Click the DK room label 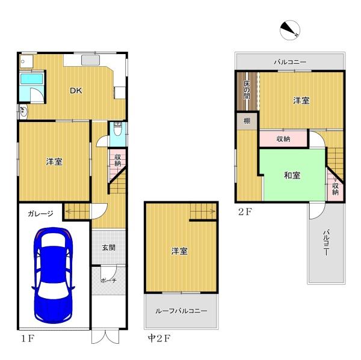(76, 91)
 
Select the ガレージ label (40, 214)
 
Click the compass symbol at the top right (290, 30)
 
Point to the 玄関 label (109, 248)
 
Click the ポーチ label (109, 281)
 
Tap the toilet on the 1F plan (118, 129)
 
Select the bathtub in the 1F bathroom (32, 79)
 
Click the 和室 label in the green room (292, 175)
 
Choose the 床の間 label (247, 90)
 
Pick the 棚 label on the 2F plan (247, 121)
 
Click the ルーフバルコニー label (181, 311)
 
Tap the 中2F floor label (159, 338)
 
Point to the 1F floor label (28, 338)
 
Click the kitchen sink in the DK (90, 60)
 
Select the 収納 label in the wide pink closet (283, 139)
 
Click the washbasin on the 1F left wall (23, 112)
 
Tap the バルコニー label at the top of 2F (290, 62)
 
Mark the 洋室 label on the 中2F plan (179, 251)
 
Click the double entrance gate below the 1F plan (105, 337)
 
